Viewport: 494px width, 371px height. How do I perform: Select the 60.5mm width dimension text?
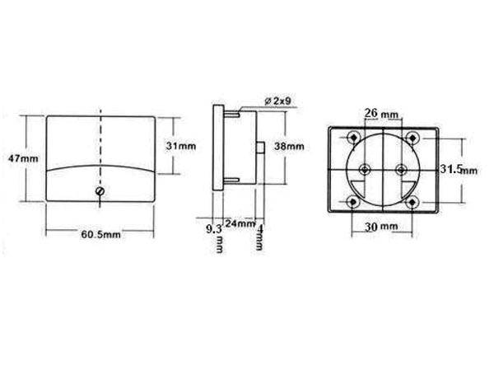(x=100, y=234)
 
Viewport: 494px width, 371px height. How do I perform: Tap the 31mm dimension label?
(x=182, y=145)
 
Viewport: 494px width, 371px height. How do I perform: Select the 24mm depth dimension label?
(x=240, y=222)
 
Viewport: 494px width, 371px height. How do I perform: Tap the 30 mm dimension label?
(x=382, y=225)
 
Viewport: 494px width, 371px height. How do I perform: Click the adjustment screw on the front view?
(x=100, y=190)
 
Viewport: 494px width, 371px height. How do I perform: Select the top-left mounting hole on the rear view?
(x=353, y=137)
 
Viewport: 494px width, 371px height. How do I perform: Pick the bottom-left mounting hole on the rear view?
(x=353, y=202)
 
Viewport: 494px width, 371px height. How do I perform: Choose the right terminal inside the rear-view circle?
(x=400, y=169)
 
